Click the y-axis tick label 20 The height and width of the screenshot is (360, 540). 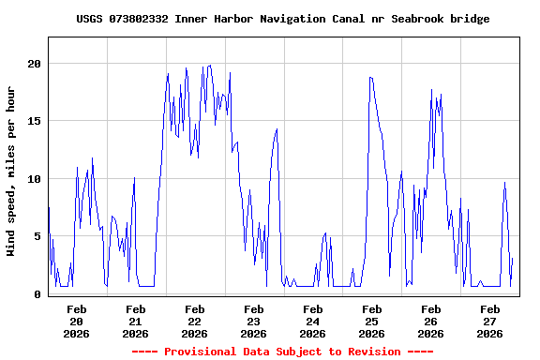coord(35,64)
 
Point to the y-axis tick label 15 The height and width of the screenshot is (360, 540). coord(35,121)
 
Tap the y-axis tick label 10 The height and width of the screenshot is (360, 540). coord(35,179)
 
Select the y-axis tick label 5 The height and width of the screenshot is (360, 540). coord(38,236)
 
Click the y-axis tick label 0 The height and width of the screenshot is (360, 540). coord(38,294)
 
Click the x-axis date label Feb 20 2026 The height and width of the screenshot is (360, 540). coord(77,321)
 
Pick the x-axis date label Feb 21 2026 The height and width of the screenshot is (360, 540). coord(136,321)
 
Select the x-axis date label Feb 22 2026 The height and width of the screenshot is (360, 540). coord(195,321)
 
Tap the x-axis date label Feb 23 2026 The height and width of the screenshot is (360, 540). coord(254,321)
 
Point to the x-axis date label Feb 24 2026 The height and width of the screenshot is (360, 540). coord(313,321)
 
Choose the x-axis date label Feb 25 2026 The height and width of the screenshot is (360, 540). coord(372,321)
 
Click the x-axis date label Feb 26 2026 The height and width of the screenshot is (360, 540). coord(431,321)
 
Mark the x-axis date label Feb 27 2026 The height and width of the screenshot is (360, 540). coord(490,321)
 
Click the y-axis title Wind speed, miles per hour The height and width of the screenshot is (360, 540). coord(11,171)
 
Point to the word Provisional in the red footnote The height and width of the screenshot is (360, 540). coord(201,352)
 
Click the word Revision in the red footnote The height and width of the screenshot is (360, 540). coord(372,352)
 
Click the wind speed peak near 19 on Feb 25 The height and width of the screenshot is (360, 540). coord(371,77)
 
